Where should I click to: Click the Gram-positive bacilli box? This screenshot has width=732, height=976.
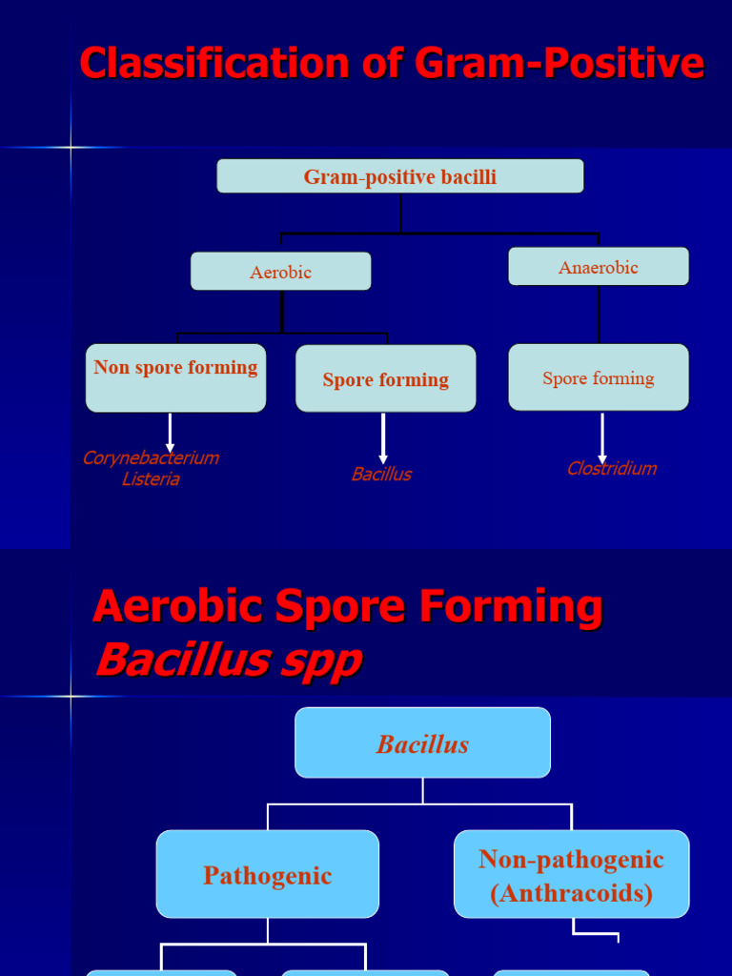400,176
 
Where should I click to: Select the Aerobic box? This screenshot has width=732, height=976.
281,272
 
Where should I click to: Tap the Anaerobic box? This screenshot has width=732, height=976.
599,267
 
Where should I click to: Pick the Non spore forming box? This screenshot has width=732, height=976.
176,377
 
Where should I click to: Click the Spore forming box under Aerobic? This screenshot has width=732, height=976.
386,379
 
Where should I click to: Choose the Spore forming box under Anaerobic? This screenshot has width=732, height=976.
599,377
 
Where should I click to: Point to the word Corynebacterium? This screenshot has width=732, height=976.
151,457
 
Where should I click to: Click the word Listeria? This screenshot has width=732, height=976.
151,478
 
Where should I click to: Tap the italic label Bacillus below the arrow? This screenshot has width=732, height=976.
381,474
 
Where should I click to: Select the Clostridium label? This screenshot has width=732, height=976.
612,468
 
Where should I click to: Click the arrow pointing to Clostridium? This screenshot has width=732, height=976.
602,438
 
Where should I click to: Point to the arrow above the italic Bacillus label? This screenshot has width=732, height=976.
383,438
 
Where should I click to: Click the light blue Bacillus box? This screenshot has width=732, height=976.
423,743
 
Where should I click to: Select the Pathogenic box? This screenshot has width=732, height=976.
268,875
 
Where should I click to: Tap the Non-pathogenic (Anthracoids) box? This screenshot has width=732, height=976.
572,875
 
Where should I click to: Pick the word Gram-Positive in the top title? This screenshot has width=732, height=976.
559,65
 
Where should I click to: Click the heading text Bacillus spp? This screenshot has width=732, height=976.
229,660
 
